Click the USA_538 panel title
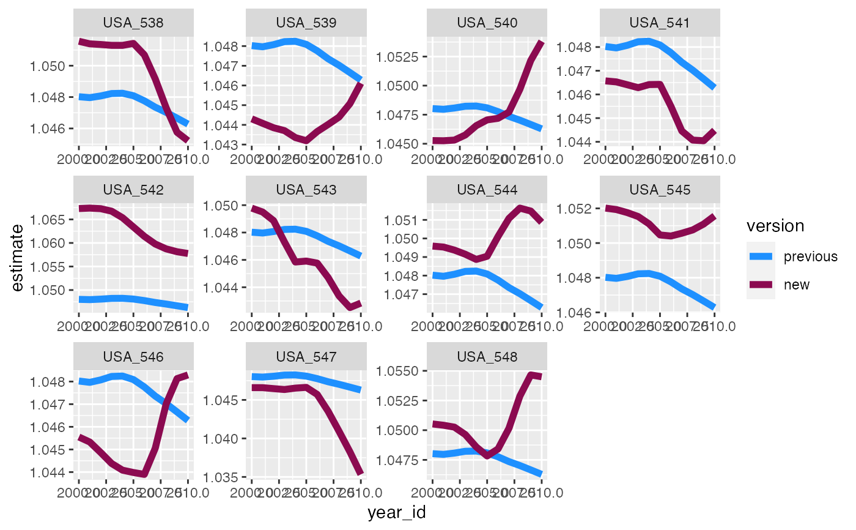tap(133, 23)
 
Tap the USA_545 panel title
tap(660, 190)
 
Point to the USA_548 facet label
tap(487, 356)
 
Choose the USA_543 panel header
tap(306, 190)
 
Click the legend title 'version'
tap(775, 226)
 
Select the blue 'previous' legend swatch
tap(760, 256)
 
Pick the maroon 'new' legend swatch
tap(760, 285)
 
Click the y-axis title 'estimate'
tap(18, 258)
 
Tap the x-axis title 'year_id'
tap(396, 513)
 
